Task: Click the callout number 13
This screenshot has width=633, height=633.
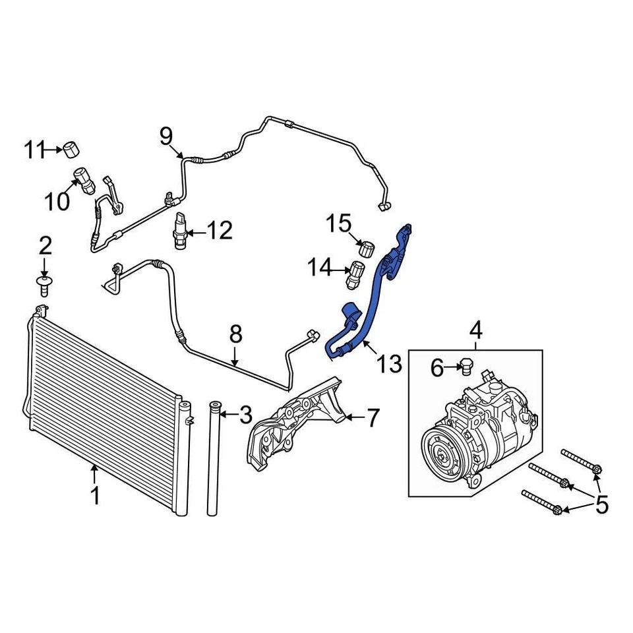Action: (x=389, y=363)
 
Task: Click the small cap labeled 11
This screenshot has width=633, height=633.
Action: (x=71, y=150)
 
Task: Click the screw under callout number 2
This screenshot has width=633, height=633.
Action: (x=44, y=285)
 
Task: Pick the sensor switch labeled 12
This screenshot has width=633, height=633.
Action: (x=179, y=231)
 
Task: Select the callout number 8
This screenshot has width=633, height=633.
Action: (x=235, y=335)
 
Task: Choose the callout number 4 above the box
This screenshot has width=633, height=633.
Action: (x=475, y=328)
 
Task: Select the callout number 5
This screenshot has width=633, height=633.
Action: (x=601, y=505)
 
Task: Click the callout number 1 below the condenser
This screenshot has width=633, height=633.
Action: (x=95, y=495)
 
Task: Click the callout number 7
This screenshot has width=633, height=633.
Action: (x=373, y=417)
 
